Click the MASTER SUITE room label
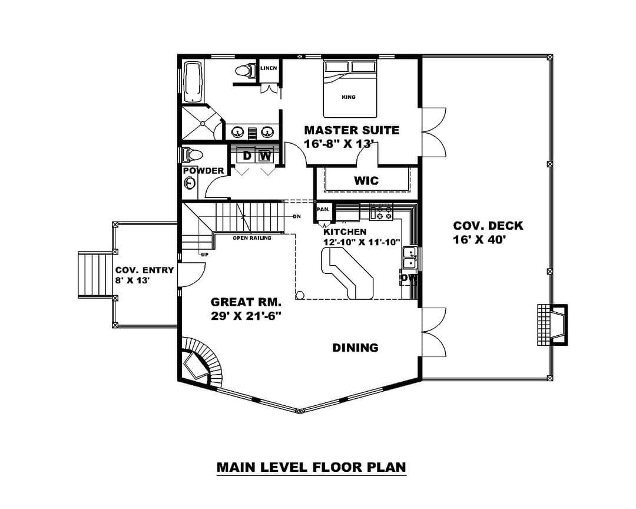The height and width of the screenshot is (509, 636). coord(352,130)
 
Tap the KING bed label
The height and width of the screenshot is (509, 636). coord(349,97)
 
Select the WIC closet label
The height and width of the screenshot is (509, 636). coord(366,181)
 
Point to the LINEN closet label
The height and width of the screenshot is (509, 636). coord(269,68)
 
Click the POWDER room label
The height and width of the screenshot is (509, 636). coord(204,170)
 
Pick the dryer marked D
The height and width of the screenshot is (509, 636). coord(247,156)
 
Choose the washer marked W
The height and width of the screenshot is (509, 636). coord(265,156)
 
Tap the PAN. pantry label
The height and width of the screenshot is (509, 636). coord(323,210)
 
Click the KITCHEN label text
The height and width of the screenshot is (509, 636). coord(344,232)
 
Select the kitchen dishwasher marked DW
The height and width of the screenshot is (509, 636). coord(409,278)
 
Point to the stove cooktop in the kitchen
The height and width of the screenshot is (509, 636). coord(381,213)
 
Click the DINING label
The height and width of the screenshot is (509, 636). coord(355,348)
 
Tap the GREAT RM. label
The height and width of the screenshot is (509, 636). coord(246,302)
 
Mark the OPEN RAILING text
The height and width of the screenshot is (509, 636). coord(252,238)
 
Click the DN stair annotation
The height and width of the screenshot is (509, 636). coord(297,216)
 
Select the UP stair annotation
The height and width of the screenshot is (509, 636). coord(205,254)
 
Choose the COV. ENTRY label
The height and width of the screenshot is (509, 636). coord(145,270)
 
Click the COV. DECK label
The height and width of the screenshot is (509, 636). coord(488,226)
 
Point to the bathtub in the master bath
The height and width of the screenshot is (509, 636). coord(193,82)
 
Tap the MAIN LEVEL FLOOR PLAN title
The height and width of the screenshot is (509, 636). coord(311,467)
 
